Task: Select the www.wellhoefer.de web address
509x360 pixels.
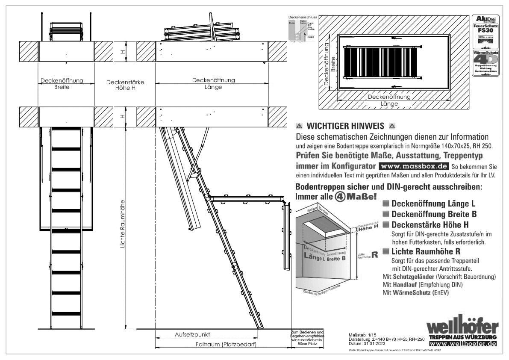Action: click(x=463, y=344)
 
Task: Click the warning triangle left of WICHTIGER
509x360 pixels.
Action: click(x=299, y=127)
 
